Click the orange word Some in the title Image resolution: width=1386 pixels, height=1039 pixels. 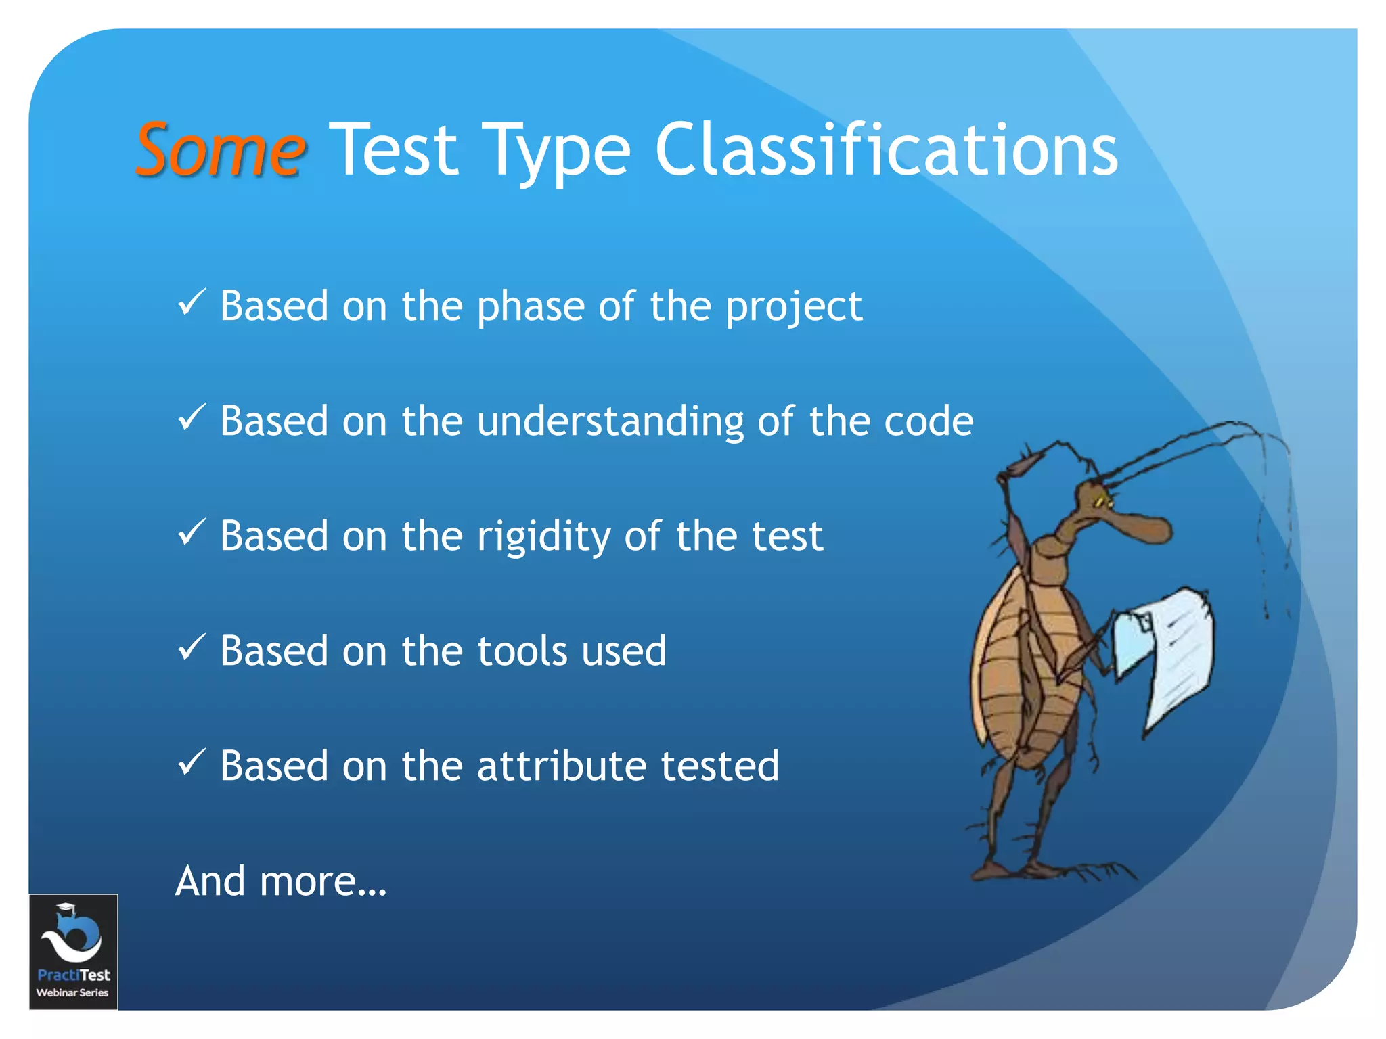click(221, 150)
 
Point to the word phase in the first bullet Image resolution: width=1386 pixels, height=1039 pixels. click(531, 307)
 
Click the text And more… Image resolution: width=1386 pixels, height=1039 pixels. click(281, 881)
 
